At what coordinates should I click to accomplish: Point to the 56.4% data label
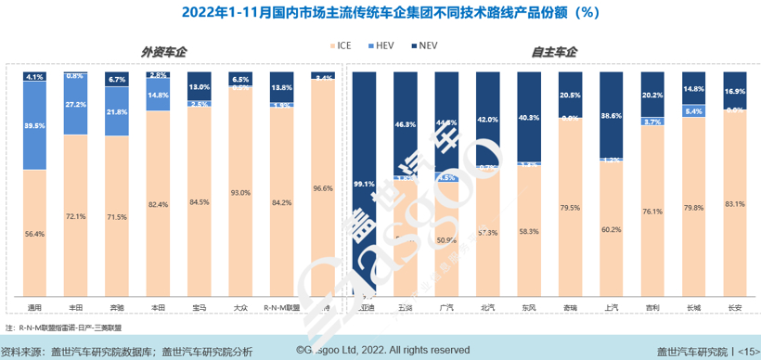point(35,235)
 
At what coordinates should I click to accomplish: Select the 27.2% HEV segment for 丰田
point(76,104)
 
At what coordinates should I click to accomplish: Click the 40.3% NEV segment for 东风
point(528,118)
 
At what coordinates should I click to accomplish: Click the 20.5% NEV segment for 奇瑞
point(569,95)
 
